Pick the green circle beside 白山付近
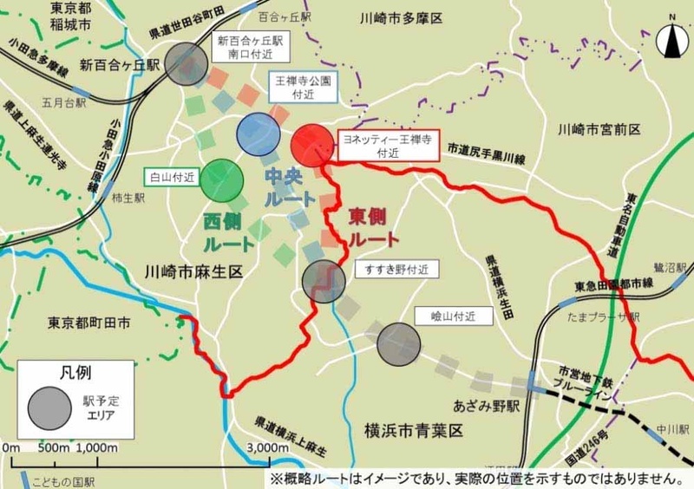[221, 179]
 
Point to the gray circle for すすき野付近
[324, 281]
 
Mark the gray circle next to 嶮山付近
[398, 343]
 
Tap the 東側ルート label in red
[374, 226]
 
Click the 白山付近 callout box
[170, 176]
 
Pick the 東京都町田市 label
[89, 323]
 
